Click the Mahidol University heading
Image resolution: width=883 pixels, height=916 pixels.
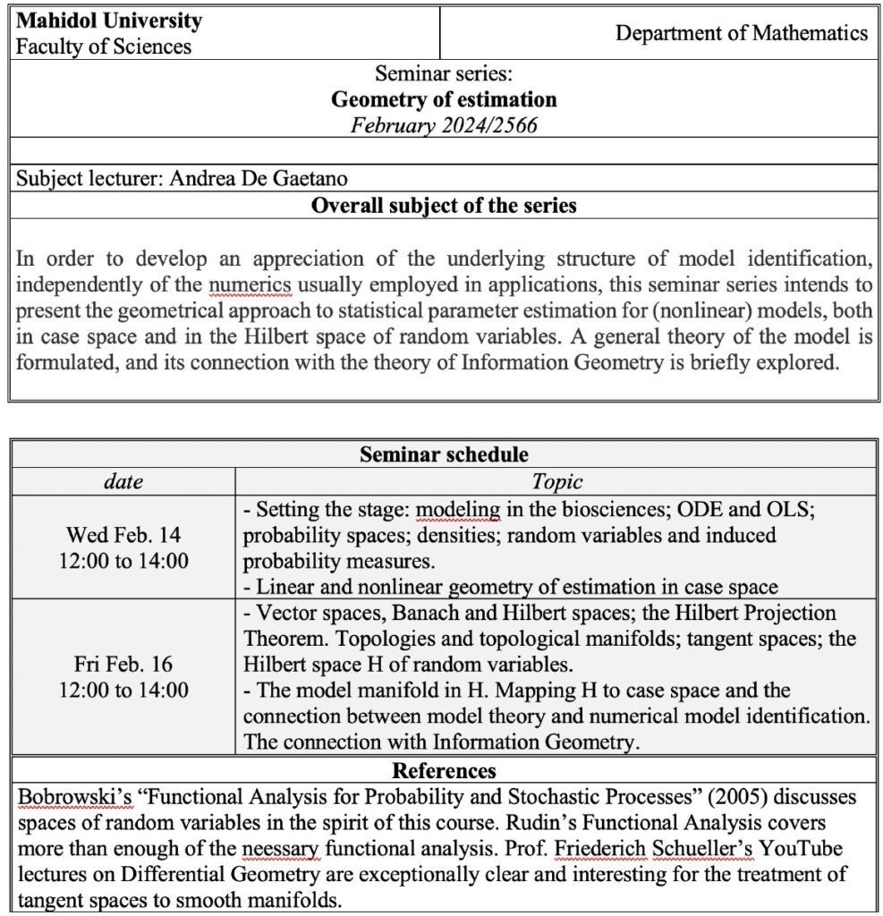[x=108, y=21]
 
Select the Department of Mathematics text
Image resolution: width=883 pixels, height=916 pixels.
[x=742, y=34]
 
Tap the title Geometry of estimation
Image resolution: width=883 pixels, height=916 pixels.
[x=444, y=99]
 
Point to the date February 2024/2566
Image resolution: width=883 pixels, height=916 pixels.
[x=444, y=125]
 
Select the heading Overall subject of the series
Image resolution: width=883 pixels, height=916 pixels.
[x=444, y=206]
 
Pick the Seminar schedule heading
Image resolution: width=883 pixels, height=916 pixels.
[x=444, y=454]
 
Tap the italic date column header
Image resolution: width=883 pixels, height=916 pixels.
[x=123, y=482]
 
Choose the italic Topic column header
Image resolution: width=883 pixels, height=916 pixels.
[x=556, y=482]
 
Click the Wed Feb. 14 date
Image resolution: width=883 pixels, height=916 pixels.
[x=123, y=535]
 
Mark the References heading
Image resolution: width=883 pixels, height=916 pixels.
[x=444, y=770]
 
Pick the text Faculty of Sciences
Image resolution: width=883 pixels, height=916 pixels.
[x=103, y=47]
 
